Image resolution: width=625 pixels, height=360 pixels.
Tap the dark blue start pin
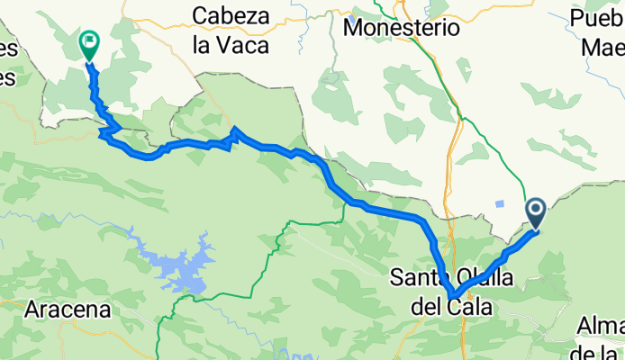tap(536, 214)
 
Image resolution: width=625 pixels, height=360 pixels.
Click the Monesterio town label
tap(402, 28)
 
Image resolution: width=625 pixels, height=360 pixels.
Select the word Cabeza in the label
tap(231, 15)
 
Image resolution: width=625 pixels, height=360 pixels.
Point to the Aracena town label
tap(68, 310)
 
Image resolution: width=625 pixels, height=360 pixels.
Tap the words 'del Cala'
tap(451, 307)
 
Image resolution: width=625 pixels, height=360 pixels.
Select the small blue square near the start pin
tap(499, 203)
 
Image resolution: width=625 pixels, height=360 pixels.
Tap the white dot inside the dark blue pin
tap(536, 211)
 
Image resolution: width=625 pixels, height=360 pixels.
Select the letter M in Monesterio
tap(352, 28)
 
